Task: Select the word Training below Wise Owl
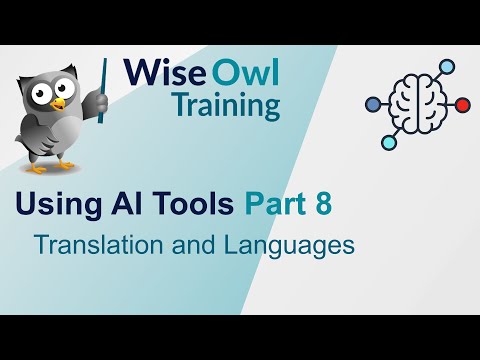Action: (x=224, y=105)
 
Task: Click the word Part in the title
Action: (x=277, y=206)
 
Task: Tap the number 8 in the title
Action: (x=322, y=206)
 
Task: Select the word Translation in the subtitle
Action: (x=94, y=244)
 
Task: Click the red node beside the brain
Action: (x=461, y=103)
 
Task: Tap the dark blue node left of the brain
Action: (x=372, y=102)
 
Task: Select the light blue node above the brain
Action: (x=446, y=67)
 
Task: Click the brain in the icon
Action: (x=415, y=103)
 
